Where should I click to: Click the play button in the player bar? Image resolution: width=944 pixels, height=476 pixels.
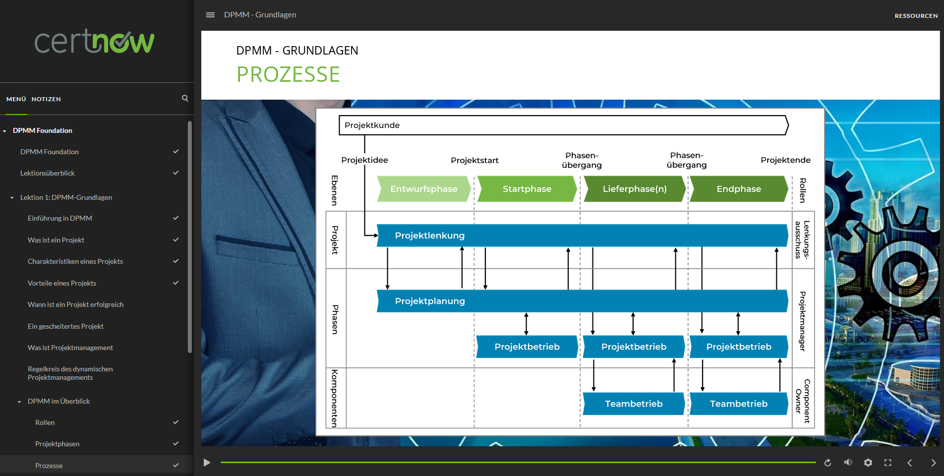[x=207, y=463]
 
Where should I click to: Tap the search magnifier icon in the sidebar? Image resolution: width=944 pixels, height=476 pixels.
[x=185, y=98]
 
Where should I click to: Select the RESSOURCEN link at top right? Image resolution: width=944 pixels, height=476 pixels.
[x=916, y=16]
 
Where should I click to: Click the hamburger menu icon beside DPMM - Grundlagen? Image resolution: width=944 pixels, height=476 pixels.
[x=210, y=15]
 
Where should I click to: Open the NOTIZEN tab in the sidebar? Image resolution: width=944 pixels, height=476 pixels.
[x=46, y=99]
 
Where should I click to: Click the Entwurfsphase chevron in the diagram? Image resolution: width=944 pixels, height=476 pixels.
[x=423, y=189]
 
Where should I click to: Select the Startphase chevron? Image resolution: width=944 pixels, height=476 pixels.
[x=527, y=189]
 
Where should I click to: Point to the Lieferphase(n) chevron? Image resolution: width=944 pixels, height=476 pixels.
[x=634, y=189]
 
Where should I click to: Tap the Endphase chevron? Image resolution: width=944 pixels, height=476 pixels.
[x=738, y=189]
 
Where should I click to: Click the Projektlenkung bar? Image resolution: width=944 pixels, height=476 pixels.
[x=582, y=236]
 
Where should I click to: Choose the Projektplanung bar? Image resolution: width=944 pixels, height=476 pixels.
[x=582, y=301]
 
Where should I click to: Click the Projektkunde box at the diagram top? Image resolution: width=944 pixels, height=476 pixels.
[x=563, y=125]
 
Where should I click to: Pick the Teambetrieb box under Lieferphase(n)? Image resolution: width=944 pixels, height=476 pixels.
[x=634, y=404]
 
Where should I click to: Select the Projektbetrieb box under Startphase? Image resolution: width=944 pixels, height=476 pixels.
[x=527, y=347]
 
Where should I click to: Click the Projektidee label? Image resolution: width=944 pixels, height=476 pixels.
[x=364, y=160]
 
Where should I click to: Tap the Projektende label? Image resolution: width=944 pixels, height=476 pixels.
[x=785, y=160]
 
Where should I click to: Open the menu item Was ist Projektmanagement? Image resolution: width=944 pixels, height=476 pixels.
[x=70, y=348]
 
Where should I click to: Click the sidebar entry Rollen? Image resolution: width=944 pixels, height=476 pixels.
[x=45, y=422]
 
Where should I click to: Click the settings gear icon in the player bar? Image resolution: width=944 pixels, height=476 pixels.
[x=868, y=463]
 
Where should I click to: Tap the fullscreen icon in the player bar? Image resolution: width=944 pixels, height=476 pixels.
[x=887, y=463]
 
